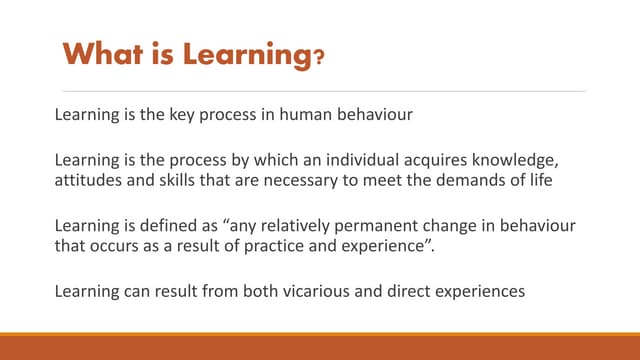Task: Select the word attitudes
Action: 89,181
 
